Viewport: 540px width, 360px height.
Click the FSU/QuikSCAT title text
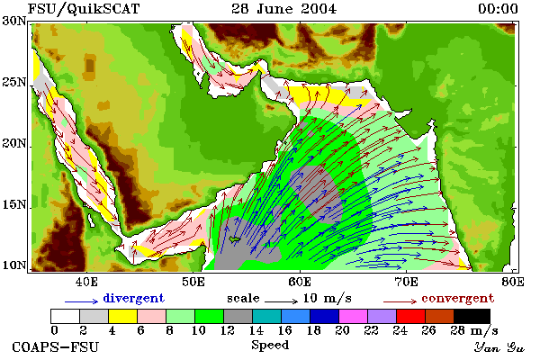[84, 9]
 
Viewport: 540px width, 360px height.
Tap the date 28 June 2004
[284, 9]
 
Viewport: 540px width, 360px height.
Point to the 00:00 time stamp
[498, 9]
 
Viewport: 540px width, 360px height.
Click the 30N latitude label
[13, 21]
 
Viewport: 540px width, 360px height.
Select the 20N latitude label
[13, 143]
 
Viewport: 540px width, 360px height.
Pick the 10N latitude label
[13, 265]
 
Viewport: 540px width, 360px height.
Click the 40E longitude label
[86, 282]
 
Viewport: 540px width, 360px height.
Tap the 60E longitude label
[300, 282]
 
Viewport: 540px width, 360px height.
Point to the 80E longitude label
[513, 282]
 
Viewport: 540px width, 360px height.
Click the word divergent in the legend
[133, 298]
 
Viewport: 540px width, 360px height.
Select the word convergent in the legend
[458, 298]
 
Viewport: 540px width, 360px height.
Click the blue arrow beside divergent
[82, 301]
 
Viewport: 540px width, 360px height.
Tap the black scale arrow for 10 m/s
[281, 301]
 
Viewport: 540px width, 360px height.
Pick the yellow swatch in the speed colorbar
[123, 316]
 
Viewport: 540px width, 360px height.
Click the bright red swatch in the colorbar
[411, 316]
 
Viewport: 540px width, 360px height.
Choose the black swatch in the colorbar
[472, 316]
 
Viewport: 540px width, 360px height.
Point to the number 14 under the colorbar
[256, 330]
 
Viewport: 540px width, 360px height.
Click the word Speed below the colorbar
[270, 346]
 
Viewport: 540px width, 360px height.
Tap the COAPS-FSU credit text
[56, 347]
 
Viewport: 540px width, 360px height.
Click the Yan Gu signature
[499, 347]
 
